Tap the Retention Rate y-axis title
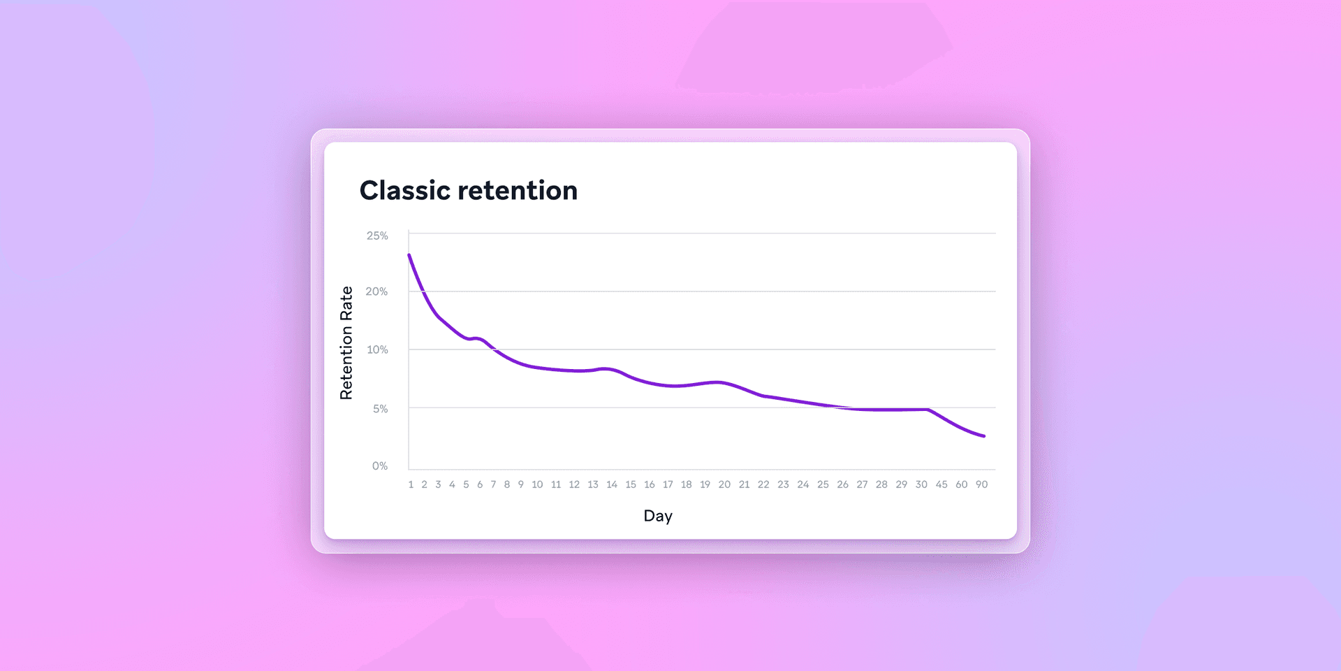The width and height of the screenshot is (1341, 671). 346,342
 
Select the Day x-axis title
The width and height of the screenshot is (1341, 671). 658,516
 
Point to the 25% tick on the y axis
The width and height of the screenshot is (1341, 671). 377,236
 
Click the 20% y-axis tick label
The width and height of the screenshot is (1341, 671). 376,291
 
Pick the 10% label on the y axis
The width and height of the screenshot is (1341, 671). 377,349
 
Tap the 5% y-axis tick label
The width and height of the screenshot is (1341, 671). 380,409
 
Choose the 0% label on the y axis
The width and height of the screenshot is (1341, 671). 379,466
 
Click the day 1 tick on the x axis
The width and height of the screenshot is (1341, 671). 411,484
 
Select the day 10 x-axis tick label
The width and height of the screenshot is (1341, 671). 537,484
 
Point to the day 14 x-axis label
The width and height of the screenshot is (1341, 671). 612,484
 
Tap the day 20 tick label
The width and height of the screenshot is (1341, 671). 724,484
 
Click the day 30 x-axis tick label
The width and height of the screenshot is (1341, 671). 921,484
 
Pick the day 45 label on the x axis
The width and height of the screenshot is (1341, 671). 941,484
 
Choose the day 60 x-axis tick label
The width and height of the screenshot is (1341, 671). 962,484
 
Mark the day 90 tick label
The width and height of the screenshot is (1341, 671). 981,484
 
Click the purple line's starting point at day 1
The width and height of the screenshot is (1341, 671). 409,255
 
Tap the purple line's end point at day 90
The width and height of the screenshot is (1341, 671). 983,436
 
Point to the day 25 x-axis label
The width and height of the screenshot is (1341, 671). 823,484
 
